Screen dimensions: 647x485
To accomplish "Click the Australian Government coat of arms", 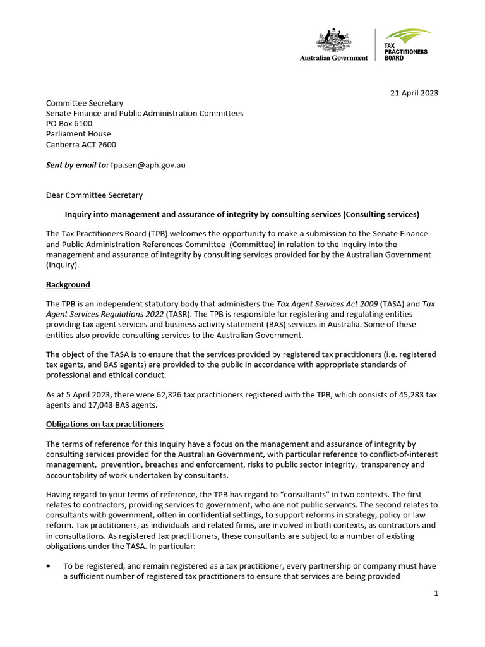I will coord(333,40).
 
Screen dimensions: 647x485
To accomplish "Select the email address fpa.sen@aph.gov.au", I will coord(148,165).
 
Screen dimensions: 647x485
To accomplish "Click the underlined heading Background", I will coord(68,284).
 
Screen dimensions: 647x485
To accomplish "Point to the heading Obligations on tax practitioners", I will coord(105,423).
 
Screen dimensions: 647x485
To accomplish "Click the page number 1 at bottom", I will coord(436,593).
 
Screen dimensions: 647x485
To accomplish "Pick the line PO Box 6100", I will coord(69,123).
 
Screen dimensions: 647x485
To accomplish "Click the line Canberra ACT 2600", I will coord(81,144).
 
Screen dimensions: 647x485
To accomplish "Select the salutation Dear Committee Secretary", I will coord(94,195).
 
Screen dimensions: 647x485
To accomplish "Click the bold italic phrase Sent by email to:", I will coord(77,165).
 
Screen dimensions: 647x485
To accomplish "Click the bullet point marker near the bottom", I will coord(49,566).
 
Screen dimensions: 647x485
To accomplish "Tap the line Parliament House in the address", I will coord(78,133).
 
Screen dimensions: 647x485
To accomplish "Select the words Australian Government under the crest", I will coord(333,57).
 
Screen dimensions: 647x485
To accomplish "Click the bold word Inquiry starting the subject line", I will coord(80,214).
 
